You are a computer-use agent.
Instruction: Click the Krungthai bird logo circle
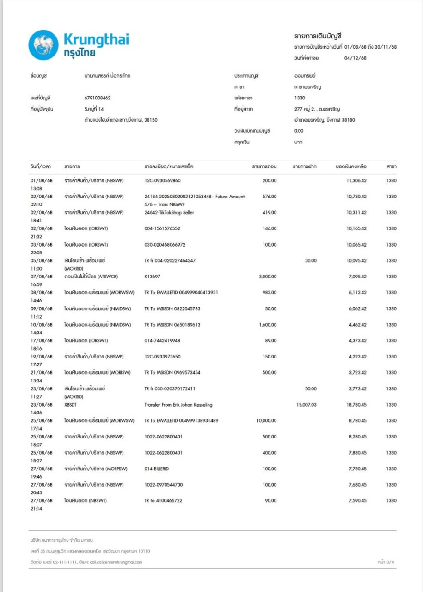coord(43,45)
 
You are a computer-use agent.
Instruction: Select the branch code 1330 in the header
coord(300,98)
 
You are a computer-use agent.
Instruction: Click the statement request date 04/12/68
coord(356,58)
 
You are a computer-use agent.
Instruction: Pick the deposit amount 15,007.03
coord(307,405)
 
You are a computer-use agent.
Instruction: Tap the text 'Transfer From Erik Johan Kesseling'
coord(178,405)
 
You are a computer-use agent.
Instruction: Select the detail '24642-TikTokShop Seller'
coord(169,212)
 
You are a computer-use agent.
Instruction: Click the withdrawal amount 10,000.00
coord(266,421)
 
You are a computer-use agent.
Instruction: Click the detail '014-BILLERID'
coord(159,469)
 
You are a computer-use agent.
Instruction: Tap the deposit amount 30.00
coord(311,260)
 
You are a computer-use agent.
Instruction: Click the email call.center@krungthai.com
coord(116,562)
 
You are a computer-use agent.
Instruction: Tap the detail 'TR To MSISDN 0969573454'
coord(172,373)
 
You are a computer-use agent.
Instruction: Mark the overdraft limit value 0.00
coord(299,131)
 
